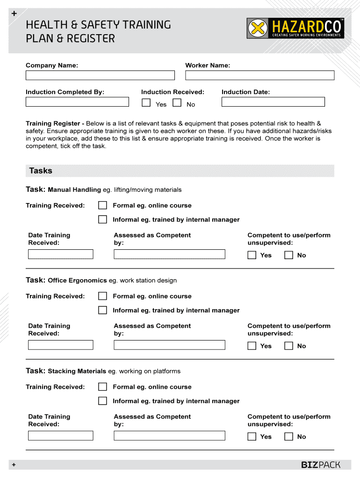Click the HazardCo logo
point(296,29)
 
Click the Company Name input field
point(100,75)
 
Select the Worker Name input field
point(259,75)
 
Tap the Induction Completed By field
point(77,102)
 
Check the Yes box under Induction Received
point(146,103)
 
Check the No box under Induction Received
point(177,103)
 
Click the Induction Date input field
point(273,102)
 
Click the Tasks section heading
point(41,171)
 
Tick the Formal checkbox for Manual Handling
point(102,205)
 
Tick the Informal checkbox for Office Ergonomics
point(102,310)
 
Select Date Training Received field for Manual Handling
point(61,254)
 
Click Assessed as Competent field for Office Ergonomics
point(169,345)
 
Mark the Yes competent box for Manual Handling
point(252,255)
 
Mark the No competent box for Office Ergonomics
point(289,346)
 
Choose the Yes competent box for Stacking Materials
point(252,436)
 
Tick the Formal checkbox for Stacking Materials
point(102,387)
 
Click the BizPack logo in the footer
point(320,464)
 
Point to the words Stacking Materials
point(77,371)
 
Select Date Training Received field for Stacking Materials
point(61,436)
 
